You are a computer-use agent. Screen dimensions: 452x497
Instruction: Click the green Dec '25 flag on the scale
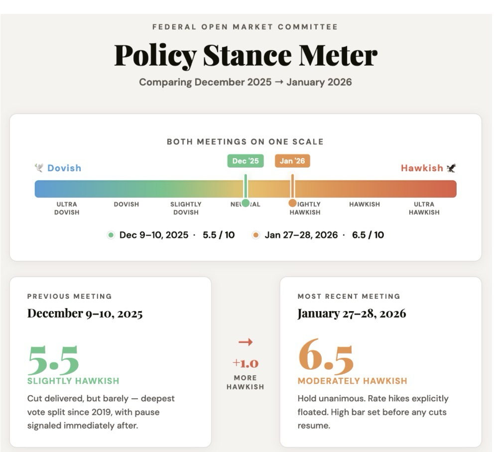246,161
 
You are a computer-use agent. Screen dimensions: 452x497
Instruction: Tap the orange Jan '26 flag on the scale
292,161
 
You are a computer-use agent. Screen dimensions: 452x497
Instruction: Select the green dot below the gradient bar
246,203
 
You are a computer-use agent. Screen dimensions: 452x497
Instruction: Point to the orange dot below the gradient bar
292,203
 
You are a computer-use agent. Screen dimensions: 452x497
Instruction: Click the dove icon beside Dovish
39,168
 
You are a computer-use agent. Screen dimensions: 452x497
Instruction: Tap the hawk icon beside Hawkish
451,168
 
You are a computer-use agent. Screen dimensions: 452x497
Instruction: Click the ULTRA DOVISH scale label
67,208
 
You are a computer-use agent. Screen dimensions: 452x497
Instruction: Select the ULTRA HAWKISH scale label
424,208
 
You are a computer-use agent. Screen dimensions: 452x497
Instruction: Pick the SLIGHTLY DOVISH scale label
186,208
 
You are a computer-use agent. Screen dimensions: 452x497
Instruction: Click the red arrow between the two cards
246,342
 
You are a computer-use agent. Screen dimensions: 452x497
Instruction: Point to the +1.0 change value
246,363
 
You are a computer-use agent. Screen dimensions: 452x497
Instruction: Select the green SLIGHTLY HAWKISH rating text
73,381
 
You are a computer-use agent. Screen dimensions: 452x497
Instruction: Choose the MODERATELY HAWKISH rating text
352,381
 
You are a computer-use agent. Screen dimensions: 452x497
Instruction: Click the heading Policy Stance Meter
246,55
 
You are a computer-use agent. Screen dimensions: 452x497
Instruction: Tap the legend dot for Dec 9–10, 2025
111,235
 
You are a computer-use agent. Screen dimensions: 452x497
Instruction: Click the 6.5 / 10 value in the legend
368,235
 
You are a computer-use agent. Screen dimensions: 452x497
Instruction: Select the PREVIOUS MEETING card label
70,296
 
